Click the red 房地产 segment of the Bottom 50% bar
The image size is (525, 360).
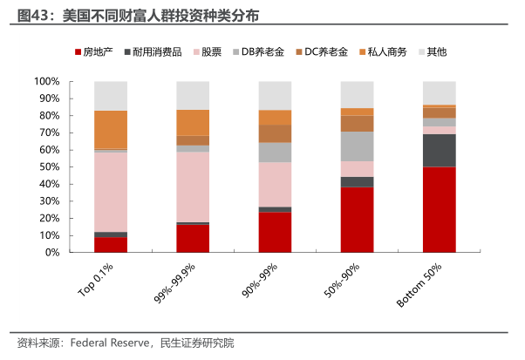tap(439, 209)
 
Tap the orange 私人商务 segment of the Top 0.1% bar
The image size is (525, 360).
tap(111, 130)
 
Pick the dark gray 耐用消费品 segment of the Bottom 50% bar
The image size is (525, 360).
tap(439, 150)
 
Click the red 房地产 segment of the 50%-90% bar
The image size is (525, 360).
tap(357, 220)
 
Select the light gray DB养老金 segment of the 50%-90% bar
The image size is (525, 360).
tap(357, 146)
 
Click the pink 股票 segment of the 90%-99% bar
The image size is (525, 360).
tap(275, 184)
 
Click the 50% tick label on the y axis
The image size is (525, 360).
tap(49, 166)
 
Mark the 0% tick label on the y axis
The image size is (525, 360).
tap(51, 252)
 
